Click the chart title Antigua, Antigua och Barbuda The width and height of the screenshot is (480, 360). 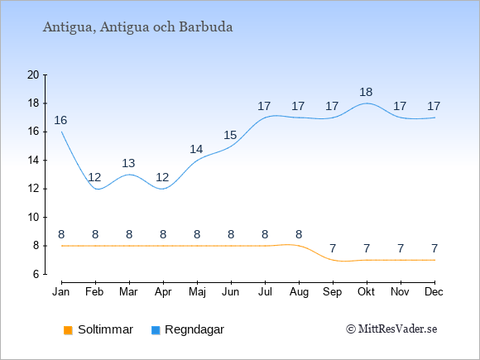[137, 27]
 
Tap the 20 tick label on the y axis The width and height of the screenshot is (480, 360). [33, 75]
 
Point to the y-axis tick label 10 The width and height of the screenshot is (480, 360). [33, 218]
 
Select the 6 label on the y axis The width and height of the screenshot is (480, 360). [36, 274]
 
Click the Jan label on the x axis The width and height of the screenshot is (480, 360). [61, 292]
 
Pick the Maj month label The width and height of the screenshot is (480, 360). [197, 292]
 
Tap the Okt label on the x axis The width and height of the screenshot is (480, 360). [366, 292]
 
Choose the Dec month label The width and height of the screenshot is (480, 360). [434, 292]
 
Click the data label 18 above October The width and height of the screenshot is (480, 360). [366, 92]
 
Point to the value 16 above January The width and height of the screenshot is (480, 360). [60, 120]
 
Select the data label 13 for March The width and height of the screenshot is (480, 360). [128, 163]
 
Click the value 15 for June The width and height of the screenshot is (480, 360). [230, 135]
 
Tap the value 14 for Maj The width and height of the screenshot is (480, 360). [196, 150]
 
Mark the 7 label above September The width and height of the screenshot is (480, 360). [333, 248]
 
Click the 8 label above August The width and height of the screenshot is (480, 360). [299, 234]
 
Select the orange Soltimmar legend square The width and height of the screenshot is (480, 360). [68, 330]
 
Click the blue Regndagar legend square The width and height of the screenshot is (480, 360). [156, 330]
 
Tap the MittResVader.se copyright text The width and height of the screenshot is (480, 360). [391, 329]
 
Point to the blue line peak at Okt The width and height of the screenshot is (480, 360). [367, 103]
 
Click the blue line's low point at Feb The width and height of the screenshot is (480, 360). [98, 189]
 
